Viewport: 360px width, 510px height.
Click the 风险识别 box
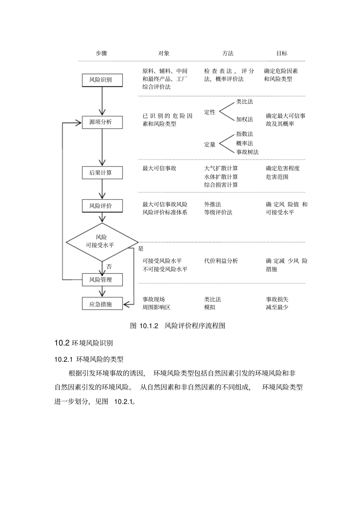tap(102, 80)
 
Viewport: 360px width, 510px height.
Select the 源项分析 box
tap(102, 122)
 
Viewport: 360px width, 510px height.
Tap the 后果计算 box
tap(102, 173)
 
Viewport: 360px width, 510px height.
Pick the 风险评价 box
tap(102, 206)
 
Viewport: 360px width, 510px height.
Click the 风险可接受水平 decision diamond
tap(102, 242)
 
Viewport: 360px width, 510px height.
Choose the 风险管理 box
tap(102, 280)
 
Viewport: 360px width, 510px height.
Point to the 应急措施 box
tap(102, 304)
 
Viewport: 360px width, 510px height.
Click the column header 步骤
tap(102, 53)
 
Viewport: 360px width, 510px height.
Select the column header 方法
tap(228, 53)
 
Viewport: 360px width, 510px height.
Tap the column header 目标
tap(282, 53)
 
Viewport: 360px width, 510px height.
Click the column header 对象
tap(164, 53)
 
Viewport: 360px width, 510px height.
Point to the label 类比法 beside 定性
tap(244, 102)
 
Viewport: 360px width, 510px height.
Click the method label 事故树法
tap(247, 152)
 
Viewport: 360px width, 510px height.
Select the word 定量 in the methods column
tap(210, 144)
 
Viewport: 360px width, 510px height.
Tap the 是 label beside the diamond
tap(141, 249)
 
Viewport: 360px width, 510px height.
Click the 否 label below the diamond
tap(109, 267)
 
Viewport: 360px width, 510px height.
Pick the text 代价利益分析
tap(221, 261)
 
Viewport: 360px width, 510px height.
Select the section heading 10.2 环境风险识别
tap(84, 343)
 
